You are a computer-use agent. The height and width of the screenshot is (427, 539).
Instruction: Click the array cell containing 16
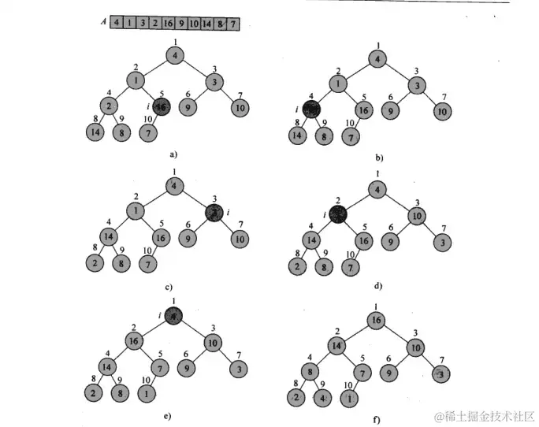point(168,24)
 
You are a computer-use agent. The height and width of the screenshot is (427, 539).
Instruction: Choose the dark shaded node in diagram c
point(214,212)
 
